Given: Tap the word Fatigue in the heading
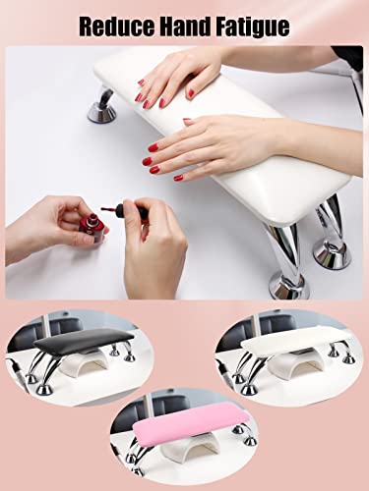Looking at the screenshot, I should [255, 26].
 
